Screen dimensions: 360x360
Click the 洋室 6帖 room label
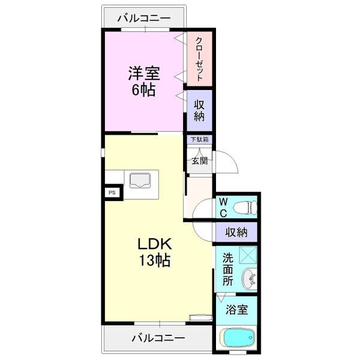[143, 82]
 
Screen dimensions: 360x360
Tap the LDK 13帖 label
[155, 252]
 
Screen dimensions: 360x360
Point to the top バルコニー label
[144, 17]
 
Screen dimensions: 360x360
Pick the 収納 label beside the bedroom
[199, 109]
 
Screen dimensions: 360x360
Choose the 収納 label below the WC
[236, 232]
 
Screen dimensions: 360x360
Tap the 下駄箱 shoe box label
[200, 140]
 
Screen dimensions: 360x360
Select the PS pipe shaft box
[112, 193]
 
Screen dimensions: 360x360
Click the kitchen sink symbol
[140, 180]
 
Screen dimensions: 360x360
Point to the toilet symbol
[244, 208]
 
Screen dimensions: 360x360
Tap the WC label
[222, 208]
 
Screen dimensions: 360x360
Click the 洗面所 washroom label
[228, 269]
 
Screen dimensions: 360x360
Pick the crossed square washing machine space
[248, 255]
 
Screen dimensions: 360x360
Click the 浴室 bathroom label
[236, 310]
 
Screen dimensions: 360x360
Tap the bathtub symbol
[237, 338]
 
